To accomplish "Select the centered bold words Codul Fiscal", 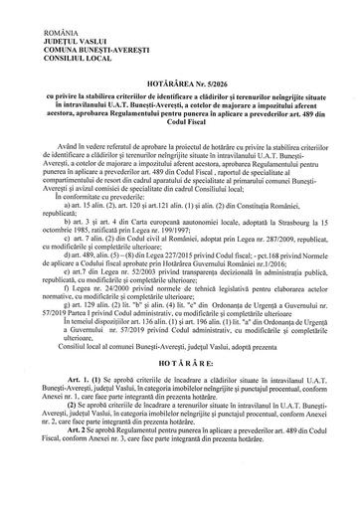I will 180,109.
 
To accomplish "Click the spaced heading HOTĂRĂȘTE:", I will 180,391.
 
